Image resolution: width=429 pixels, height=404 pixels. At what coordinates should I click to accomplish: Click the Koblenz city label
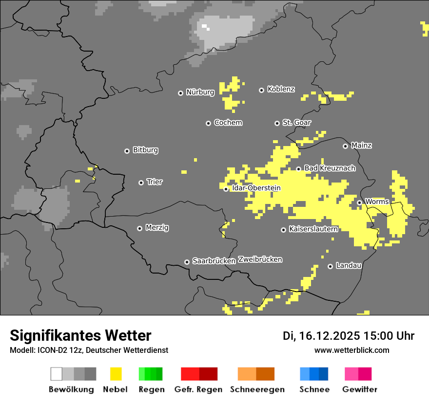(x=281, y=89)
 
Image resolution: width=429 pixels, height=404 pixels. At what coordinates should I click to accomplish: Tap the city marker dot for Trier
(x=141, y=183)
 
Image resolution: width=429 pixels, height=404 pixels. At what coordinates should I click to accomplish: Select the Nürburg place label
(x=200, y=92)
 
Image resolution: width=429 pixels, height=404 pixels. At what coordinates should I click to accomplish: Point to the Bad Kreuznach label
(x=330, y=168)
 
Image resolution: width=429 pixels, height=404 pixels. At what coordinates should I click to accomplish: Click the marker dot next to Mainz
(x=345, y=146)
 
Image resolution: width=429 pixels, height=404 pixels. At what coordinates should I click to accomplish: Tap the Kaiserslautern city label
(x=313, y=229)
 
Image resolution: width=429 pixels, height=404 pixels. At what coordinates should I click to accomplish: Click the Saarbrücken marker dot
(x=187, y=262)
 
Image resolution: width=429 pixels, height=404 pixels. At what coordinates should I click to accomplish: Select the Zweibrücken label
(x=260, y=259)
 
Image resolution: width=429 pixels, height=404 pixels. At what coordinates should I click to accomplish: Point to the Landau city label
(x=349, y=265)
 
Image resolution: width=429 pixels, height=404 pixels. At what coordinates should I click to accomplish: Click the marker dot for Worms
(x=359, y=202)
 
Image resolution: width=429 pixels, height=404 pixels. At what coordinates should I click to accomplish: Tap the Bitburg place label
(x=145, y=150)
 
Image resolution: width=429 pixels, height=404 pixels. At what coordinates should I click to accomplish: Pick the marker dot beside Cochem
(x=208, y=123)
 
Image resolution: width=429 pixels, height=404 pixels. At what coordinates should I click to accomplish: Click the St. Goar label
(x=296, y=122)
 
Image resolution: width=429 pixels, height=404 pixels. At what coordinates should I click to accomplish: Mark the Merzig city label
(x=157, y=227)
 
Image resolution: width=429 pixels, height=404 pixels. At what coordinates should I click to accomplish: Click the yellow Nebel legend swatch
(x=116, y=374)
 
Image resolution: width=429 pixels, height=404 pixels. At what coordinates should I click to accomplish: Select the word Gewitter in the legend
(x=359, y=389)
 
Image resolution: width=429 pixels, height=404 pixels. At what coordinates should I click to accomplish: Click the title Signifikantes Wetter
(x=80, y=335)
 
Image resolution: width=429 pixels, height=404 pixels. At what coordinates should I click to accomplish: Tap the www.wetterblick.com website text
(x=351, y=350)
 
